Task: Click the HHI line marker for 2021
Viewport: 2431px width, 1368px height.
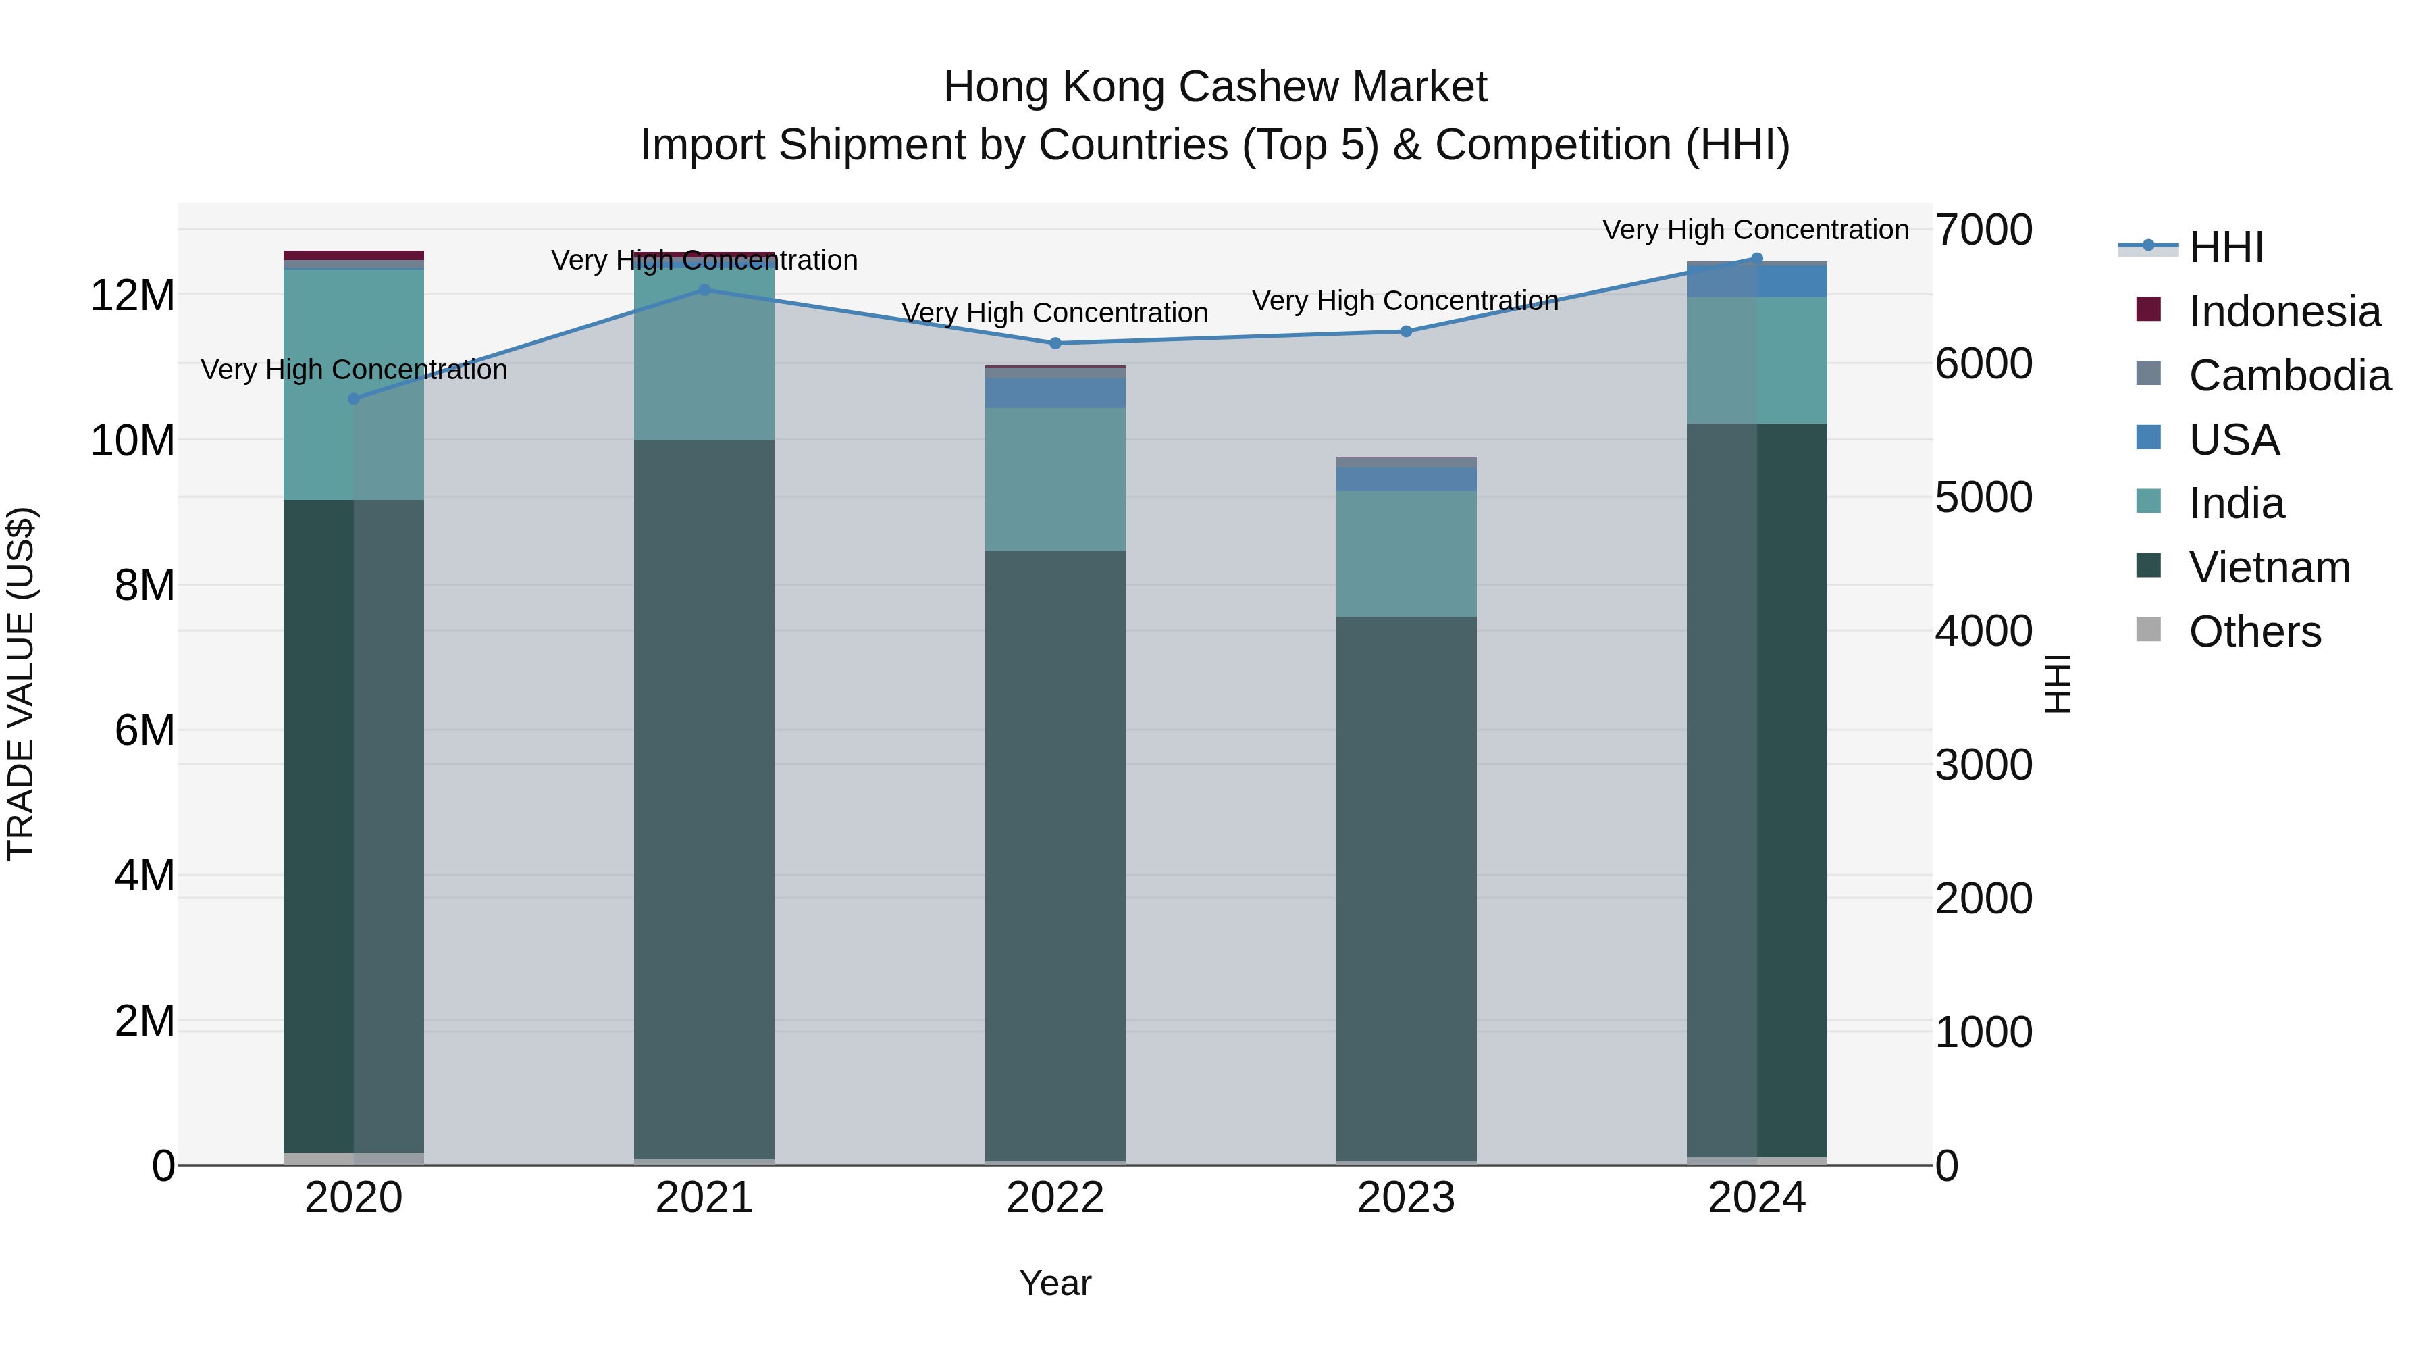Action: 704,290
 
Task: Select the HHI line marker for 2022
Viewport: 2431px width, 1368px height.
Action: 1055,344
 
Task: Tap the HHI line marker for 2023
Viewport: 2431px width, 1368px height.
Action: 1406,332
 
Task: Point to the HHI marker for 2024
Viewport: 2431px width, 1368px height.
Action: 1756,259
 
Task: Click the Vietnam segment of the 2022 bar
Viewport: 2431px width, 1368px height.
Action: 1055,850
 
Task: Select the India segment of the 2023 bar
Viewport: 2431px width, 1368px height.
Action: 1406,553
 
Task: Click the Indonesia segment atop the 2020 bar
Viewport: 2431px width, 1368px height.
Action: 354,255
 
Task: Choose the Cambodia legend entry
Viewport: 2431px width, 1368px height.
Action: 2289,376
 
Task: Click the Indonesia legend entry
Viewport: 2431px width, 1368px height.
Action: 2284,311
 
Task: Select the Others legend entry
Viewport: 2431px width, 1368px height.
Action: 2253,632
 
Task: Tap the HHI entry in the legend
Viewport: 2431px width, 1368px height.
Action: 2224,247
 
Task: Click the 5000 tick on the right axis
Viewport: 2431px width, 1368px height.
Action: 1983,497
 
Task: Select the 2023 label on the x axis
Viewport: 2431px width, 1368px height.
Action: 1406,1198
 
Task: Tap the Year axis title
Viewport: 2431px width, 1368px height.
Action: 1055,1283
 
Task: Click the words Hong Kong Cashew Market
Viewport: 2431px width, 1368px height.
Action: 1215,87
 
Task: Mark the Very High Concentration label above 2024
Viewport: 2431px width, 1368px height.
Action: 1755,230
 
